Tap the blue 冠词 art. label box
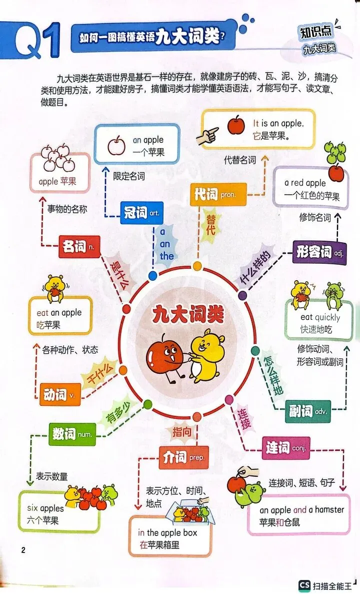[142, 213]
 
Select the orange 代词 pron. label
[218, 195]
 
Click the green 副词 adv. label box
[308, 411]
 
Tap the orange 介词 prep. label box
[183, 457]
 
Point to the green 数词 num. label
[72, 433]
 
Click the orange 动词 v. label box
[59, 394]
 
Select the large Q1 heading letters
[37, 41]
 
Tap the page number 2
[23, 550]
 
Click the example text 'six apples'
[45, 508]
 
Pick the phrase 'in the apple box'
[167, 532]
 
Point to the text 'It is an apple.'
[278, 123]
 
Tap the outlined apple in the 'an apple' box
[116, 146]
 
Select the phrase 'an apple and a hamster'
[301, 510]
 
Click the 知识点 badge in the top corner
[316, 32]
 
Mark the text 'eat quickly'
[320, 317]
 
